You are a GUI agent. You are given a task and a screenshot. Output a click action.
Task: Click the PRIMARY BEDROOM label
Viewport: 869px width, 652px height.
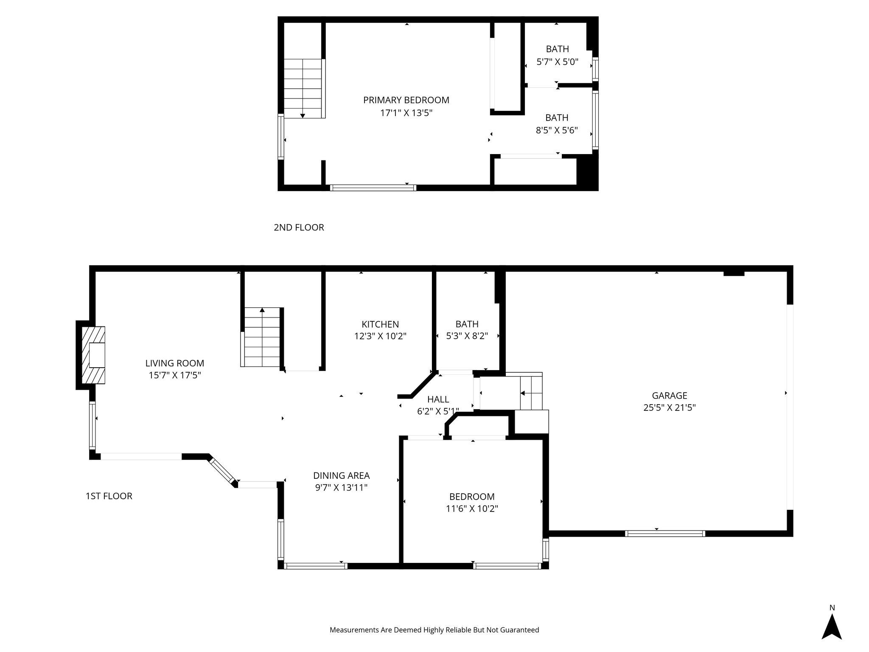[x=406, y=100]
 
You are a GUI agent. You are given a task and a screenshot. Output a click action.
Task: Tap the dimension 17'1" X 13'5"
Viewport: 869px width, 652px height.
[x=406, y=113]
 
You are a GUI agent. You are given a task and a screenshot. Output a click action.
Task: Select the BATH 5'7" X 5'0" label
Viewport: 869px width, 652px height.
[x=557, y=49]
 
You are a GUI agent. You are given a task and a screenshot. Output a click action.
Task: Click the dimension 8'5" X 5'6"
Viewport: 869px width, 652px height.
[x=557, y=130]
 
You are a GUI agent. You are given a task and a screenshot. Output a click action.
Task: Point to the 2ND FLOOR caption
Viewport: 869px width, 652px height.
[x=299, y=228]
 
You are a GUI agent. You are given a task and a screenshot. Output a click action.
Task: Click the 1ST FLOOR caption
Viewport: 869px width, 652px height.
[x=109, y=496]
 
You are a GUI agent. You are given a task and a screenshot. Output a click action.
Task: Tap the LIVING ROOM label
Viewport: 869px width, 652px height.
[x=174, y=363]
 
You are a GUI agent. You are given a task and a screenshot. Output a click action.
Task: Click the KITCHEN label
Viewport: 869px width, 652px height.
[x=380, y=324]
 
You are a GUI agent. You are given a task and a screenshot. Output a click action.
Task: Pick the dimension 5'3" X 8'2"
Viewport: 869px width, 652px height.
[x=467, y=336]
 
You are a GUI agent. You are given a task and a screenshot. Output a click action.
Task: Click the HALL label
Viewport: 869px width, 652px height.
[x=438, y=399]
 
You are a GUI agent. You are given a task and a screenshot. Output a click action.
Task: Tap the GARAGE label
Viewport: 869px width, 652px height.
[x=670, y=396]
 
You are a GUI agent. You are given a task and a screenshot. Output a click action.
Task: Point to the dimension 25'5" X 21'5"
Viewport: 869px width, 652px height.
[x=670, y=408]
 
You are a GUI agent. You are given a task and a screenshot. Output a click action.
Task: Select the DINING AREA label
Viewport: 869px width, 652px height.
[x=341, y=476]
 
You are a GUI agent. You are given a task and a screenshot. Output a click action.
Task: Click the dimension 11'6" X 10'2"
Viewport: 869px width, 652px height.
[x=472, y=509]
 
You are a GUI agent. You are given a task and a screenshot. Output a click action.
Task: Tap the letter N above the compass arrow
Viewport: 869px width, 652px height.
[x=832, y=608]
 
